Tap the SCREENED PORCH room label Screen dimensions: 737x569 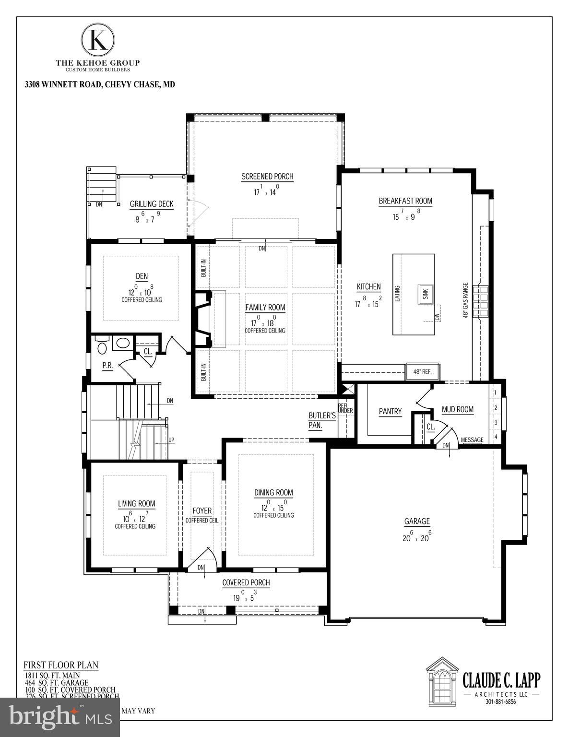pyautogui.click(x=267, y=177)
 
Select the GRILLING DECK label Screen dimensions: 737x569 pyautogui.click(x=152, y=204)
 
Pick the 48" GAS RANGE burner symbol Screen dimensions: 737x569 pyautogui.click(x=480, y=301)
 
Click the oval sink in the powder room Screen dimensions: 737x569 pyautogui.click(x=123, y=344)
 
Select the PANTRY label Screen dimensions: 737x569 pyautogui.click(x=390, y=411)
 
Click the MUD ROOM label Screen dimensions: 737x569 pyautogui.click(x=458, y=409)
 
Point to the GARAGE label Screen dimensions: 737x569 pyautogui.click(x=416, y=521)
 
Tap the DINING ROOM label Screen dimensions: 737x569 pyautogui.click(x=273, y=492)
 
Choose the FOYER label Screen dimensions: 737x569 pyautogui.click(x=202, y=511)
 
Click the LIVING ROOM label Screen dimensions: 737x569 pyautogui.click(x=137, y=503)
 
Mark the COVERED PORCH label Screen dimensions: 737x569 pyautogui.click(x=246, y=582)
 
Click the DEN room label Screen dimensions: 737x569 pyautogui.click(x=142, y=276)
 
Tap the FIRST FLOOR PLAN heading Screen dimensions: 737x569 pyautogui.click(x=61, y=665)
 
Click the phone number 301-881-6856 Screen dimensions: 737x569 pyautogui.click(x=500, y=701)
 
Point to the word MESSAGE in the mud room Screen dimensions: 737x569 pyautogui.click(x=472, y=440)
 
